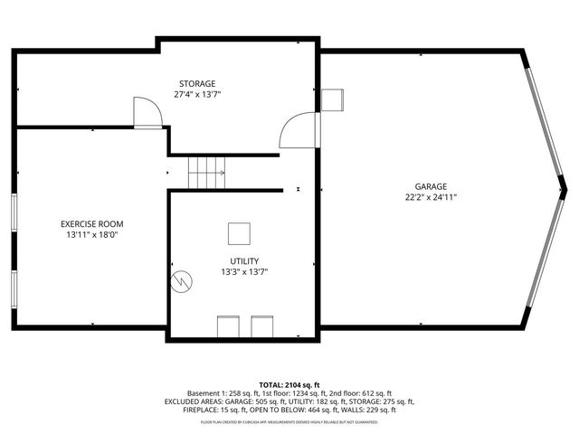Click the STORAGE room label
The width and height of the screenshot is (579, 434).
pyautogui.click(x=195, y=83)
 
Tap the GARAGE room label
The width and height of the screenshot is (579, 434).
pyautogui.click(x=431, y=186)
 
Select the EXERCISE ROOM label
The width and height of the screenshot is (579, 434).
pyautogui.click(x=92, y=223)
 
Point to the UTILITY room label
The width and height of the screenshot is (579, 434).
pyautogui.click(x=244, y=260)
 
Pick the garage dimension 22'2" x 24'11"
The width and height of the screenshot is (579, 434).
pyautogui.click(x=431, y=197)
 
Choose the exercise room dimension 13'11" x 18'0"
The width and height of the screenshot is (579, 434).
pyautogui.click(x=92, y=234)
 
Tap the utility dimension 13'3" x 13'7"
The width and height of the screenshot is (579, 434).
pyautogui.click(x=244, y=271)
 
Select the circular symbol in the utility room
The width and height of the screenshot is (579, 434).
pyautogui.click(x=183, y=280)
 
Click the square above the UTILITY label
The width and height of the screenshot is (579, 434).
pyautogui.click(x=239, y=233)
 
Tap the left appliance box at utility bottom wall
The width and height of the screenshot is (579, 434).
pyautogui.click(x=227, y=325)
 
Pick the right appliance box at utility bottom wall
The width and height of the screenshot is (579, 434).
pyautogui.click(x=261, y=325)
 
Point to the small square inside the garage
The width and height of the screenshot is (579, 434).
pyautogui.click(x=332, y=99)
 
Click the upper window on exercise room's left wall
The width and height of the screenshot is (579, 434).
pyautogui.click(x=14, y=217)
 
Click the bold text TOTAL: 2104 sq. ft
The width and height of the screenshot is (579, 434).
pyautogui.click(x=289, y=384)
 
